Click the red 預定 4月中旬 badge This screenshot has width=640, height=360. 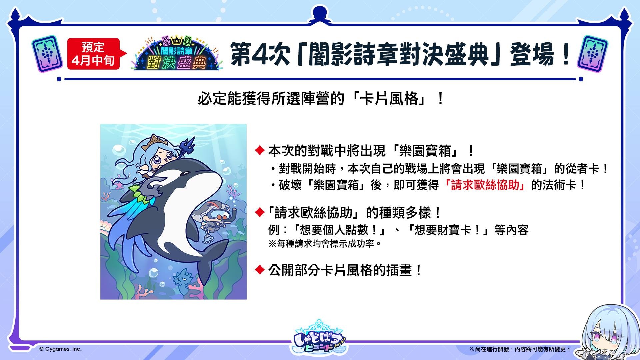tap(93, 54)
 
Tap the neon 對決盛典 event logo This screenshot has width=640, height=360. tap(177, 53)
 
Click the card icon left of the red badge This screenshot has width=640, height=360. tap(47, 53)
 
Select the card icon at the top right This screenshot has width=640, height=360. tap(592, 53)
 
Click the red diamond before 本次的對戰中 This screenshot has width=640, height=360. tap(260, 151)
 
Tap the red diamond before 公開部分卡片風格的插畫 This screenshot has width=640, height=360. tap(260, 270)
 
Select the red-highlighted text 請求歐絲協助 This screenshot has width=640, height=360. tap(485, 185)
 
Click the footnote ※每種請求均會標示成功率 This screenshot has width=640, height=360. tap(325, 244)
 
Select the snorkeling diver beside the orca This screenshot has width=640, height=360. tap(213, 220)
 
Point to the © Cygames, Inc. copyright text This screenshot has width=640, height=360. tap(60, 349)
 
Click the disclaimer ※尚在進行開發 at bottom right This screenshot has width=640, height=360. tap(520, 349)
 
